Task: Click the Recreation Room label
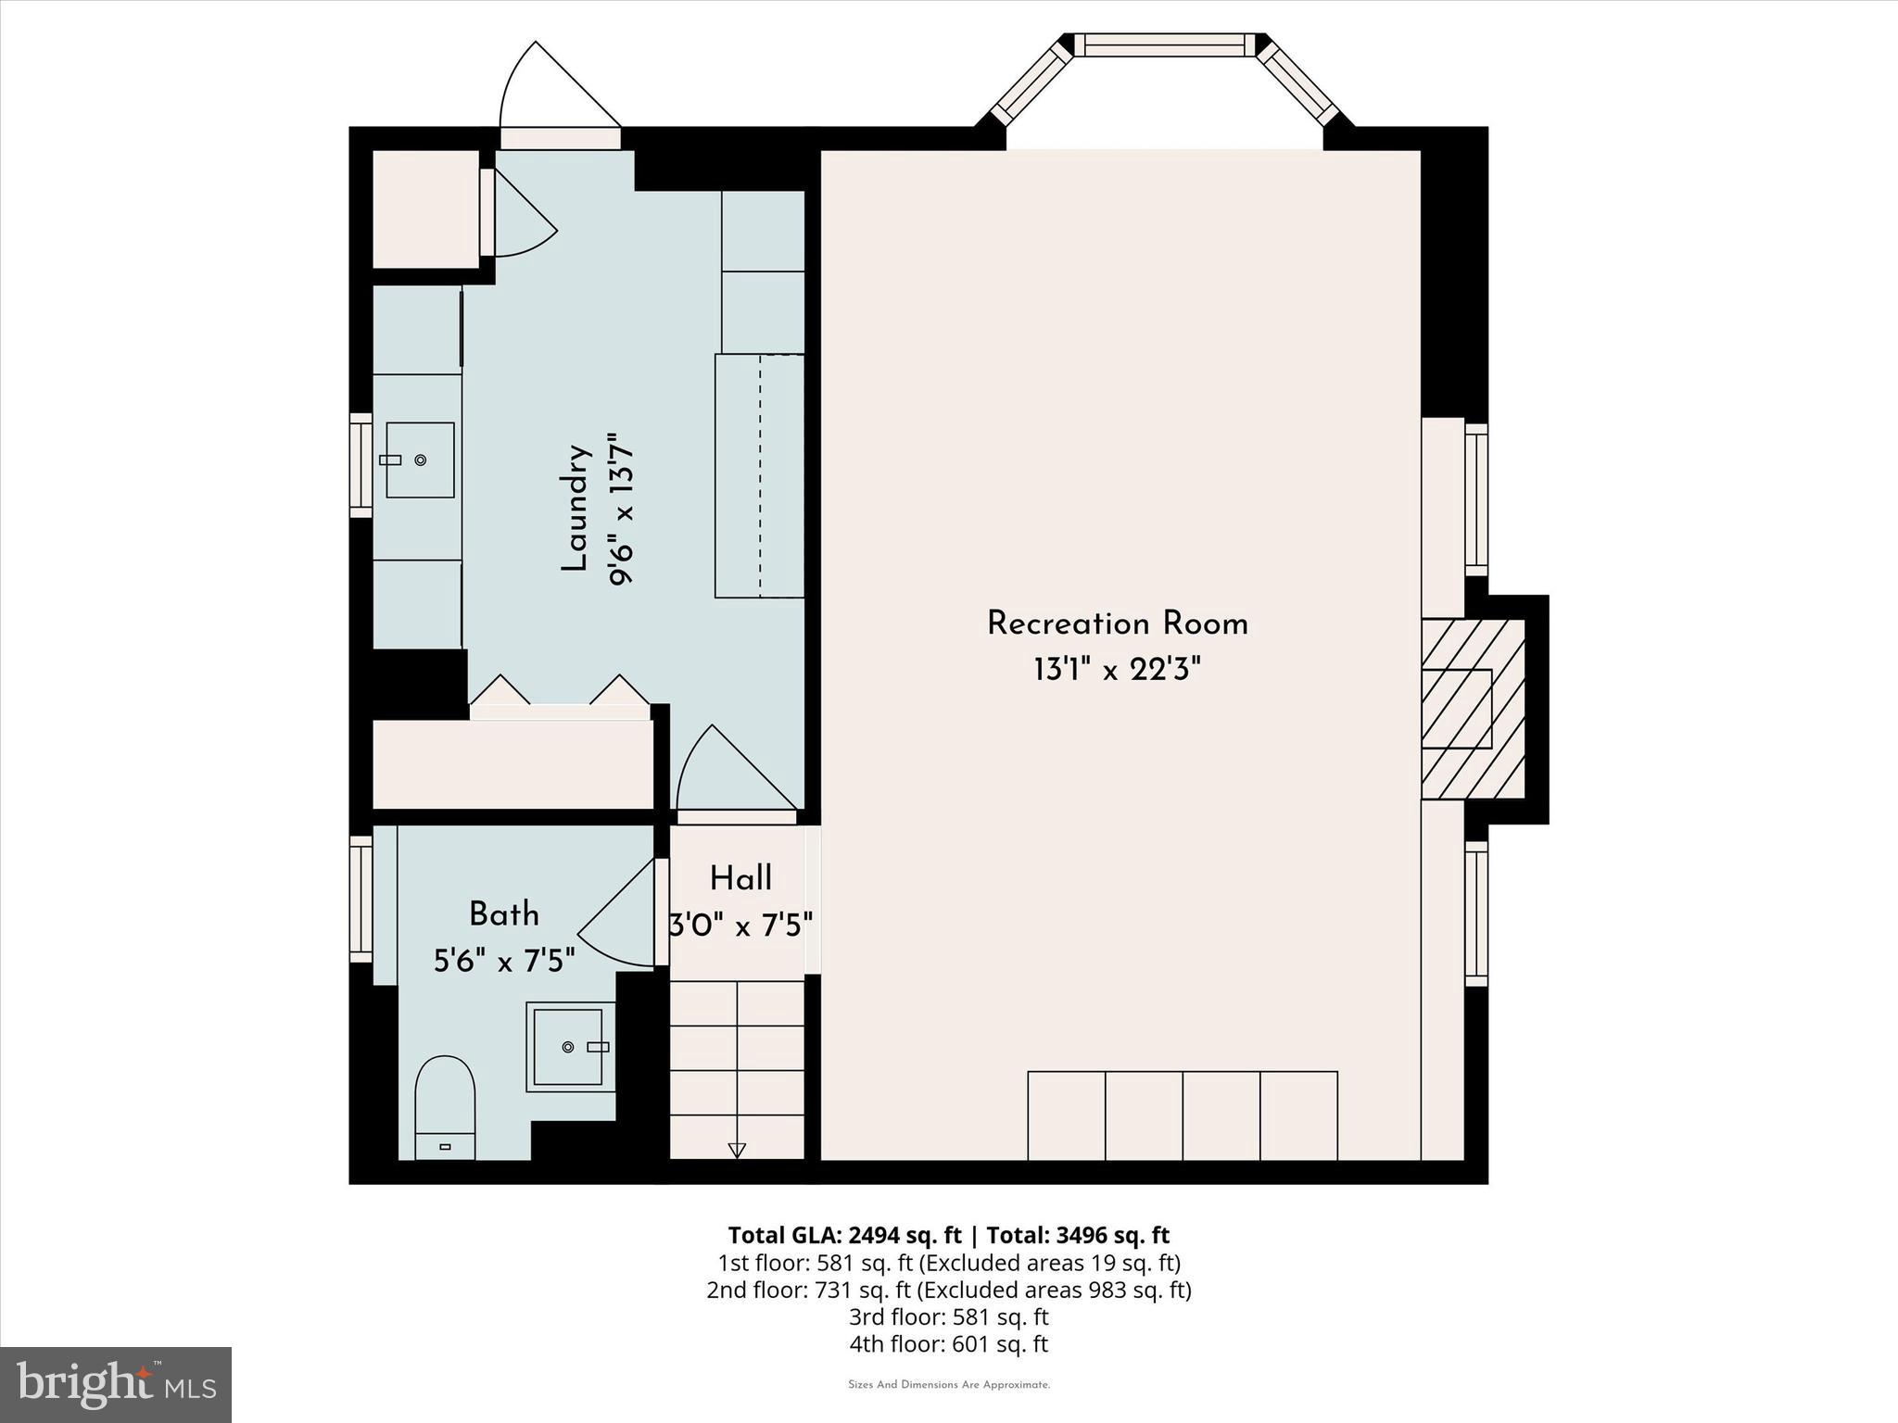point(1117,623)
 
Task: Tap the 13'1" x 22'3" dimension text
point(1117,669)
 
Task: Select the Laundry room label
point(576,509)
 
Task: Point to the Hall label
point(740,878)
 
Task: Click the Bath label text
point(503,914)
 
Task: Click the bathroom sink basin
point(570,1046)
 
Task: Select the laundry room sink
point(420,460)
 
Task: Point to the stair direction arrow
point(737,1150)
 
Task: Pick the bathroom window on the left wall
point(361,898)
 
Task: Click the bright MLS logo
point(116,1384)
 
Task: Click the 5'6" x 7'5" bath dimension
point(504,961)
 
